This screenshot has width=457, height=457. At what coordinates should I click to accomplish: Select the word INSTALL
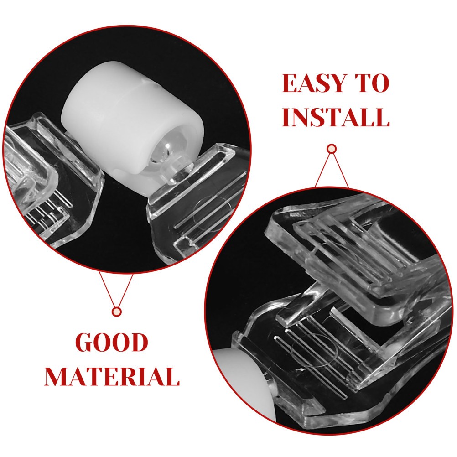pyautogui.click(x=336, y=117)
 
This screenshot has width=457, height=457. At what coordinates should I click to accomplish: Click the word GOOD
pyautogui.click(x=112, y=343)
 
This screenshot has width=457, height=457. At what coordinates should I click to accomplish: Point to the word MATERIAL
pyautogui.click(x=112, y=376)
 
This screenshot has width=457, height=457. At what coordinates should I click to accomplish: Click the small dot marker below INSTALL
pyautogui.click(x=332, y=149)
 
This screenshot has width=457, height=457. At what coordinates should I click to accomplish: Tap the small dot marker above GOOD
pyautogui.click(x=117, y=312)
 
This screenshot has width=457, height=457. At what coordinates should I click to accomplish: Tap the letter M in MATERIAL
pyautogui.click(x=57, y=376)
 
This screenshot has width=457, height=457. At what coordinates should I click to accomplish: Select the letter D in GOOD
pyautogui.click(x=139, y=343)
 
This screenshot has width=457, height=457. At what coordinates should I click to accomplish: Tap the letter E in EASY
pyautogui.click(x=290, y=83)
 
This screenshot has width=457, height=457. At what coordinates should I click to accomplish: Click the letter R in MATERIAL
pyautogui.click(x=131, y=376)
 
